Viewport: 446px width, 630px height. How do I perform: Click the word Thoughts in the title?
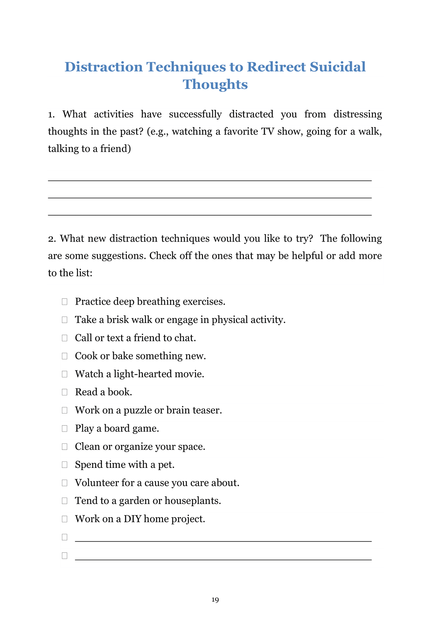coord(215,84)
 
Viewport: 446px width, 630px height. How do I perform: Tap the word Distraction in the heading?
coord(104,67)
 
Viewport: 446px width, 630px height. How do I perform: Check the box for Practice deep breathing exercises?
coord(65,302)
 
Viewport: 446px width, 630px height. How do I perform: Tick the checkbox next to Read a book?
coord(65,392)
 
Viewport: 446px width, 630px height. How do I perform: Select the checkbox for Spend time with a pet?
coord(65,465)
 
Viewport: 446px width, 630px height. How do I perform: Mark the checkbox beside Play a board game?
coord(65,429)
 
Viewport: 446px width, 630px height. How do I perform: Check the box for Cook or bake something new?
coord(65,356)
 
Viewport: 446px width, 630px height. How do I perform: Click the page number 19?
coord(215,600)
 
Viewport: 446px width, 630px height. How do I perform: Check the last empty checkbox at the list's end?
coord(65,555)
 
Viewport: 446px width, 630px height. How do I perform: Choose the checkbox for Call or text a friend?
coord(65,338)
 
